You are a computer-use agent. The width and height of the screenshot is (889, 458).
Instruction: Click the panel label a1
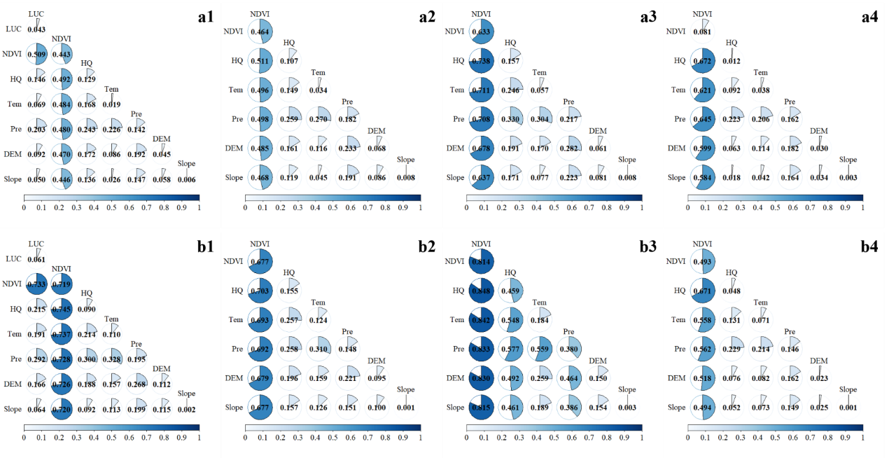click(x=205, y=18)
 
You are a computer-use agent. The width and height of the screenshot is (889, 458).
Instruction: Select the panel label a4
click(x=869, y=18)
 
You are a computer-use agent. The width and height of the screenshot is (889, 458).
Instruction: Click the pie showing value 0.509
click(x=36, y=54)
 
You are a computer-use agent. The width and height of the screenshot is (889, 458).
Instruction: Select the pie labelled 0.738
click(x=481, y=60)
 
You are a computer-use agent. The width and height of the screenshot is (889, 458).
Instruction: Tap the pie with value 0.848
click(x=481, y=291)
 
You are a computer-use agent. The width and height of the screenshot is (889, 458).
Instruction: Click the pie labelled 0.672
click(x=702, y=60)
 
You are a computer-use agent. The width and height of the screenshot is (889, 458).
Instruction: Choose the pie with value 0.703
click(x=259, y=291)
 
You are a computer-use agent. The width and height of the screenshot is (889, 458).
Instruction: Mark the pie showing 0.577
click(x=510, y=349)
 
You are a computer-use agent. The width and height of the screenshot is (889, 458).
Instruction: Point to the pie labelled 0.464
click(x=259, y=32)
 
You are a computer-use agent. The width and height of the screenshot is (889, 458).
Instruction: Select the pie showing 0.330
click(x=510, y=118)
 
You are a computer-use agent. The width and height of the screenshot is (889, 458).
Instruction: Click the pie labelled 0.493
click(x=702, y=262)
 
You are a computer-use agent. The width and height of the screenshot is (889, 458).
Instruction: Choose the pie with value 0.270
click(x=318, y=118)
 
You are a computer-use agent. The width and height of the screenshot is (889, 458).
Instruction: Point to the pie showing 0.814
click(x=481, y=262)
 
